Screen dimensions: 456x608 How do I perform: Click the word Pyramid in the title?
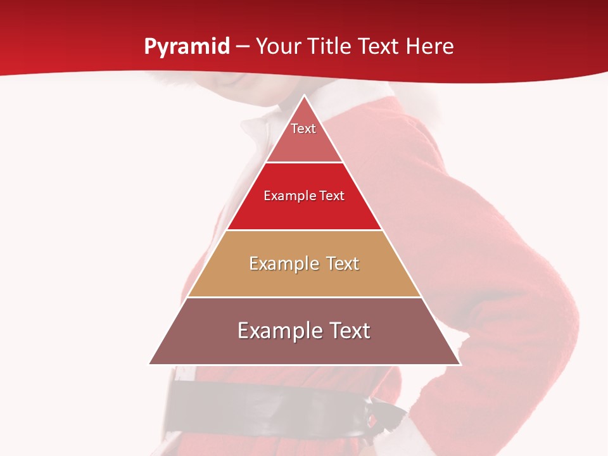187,46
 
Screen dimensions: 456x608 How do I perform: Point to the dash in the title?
243,47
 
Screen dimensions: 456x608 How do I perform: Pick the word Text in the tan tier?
339,263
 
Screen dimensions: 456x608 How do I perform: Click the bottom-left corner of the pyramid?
150,364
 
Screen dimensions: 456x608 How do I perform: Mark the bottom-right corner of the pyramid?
460,364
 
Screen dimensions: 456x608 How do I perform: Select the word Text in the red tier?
332,196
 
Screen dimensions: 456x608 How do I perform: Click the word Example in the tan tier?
283,263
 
